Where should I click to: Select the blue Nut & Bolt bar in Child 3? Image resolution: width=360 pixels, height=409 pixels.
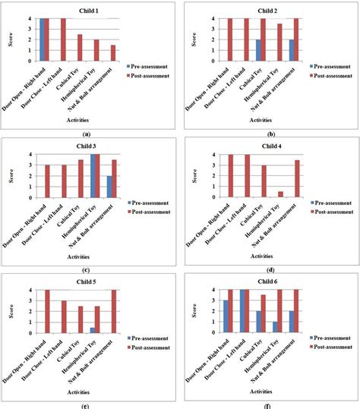tap(109, 187)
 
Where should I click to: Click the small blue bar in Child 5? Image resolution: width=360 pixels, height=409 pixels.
tap(93, 330)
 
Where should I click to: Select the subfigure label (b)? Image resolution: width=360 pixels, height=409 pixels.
tap(270, 131)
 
